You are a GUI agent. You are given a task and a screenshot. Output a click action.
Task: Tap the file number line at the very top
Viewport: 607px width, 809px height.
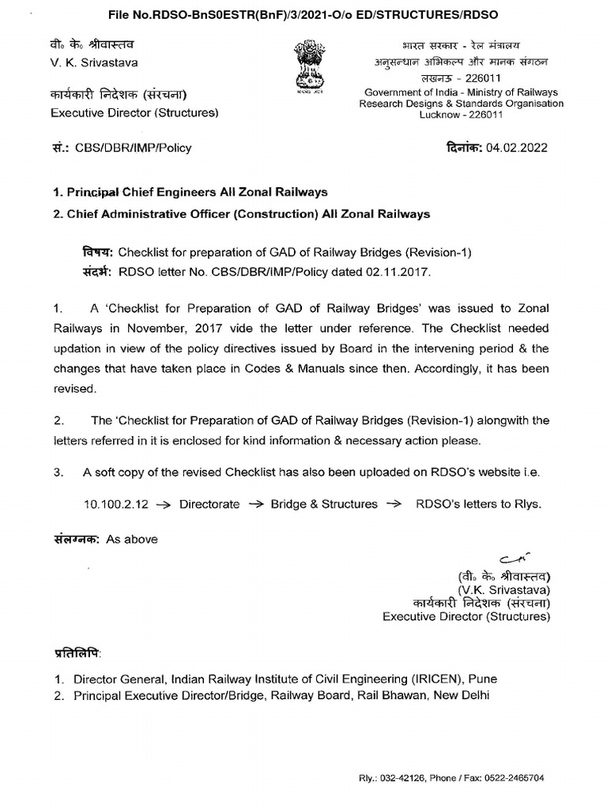click(x=303, y=14)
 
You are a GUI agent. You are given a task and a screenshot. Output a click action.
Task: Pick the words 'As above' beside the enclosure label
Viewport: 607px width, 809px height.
click(x=132, y=539)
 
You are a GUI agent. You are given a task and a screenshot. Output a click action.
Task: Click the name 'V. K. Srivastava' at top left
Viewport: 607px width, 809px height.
click(x=94, y=63)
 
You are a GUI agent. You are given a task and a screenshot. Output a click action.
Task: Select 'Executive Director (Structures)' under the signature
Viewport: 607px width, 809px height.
click(x=466, y=616)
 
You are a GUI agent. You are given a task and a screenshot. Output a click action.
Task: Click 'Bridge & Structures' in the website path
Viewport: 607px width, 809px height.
click(x=324, y=504)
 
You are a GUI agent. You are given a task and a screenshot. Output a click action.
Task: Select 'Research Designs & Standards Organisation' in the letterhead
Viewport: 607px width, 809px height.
click(x=462, y=103)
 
